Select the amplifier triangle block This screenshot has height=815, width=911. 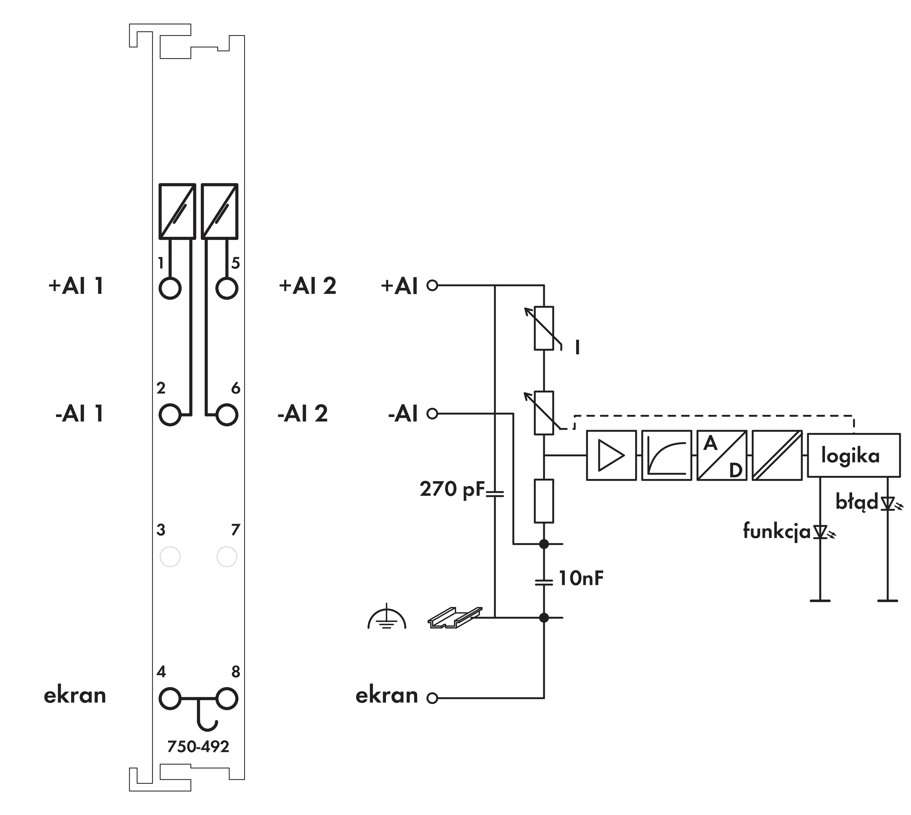611,455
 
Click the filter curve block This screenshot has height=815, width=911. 666,455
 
